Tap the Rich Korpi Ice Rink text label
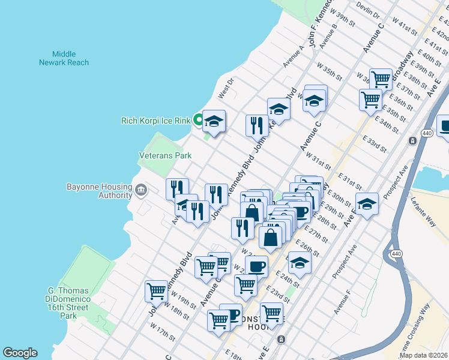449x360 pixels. pyautogui.click(x=155, y=121)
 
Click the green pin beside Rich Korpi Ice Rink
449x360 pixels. pyautogui.click(x=197, y=121)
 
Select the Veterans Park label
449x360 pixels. pyautogui.click(x=165, y=155)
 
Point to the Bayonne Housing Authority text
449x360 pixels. pyautogui.click(x=100, y=191)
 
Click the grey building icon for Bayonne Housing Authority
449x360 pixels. pyautogui.click(x=140, y=191)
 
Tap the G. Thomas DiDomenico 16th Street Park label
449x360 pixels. pyautogui.click(x=71, y=303)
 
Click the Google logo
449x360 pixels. pyautogui.click(x=20, y=353)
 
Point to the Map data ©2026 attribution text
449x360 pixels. pyautogui.click(x=423, y=355)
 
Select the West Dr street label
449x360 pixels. pyautogui.click(x=225, y=91)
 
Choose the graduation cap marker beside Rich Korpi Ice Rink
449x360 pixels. pyautogui.click(x=214, y=122)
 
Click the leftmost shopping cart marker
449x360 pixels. pyautogui.click(x=156, y=292)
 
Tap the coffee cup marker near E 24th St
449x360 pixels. pyautogui.click(x=257, y=266)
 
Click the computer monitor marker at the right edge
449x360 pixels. pyautogui.click(x=444, y=127)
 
